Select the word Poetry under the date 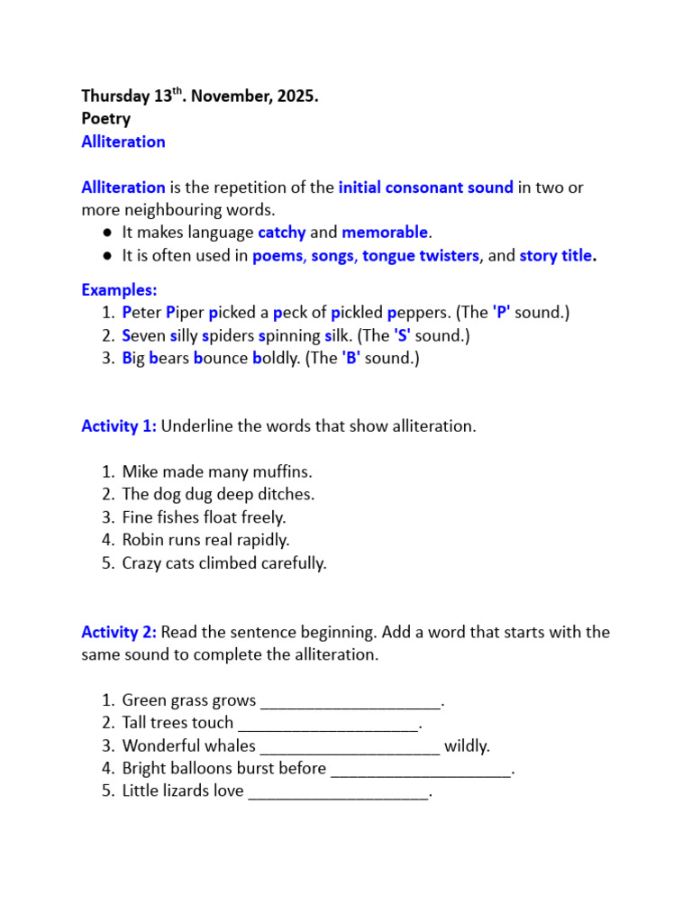[105, 118]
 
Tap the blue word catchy [282, 233]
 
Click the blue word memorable [384, 233]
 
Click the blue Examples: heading [119, 289]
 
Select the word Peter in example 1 [141, 313]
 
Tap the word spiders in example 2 [228, 335]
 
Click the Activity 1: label [119, 426]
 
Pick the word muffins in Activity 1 [283, 471]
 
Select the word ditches [284, 494]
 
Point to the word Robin [143, 540]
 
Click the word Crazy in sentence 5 [142, 563]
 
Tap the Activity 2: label [119, 632]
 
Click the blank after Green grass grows [351, 701]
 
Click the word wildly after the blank [467, 745]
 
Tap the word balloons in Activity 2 [200, 768]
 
